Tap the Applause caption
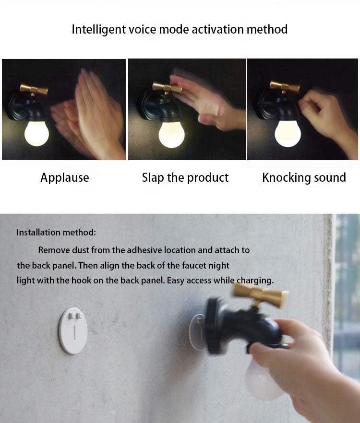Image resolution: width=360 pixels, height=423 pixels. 65,178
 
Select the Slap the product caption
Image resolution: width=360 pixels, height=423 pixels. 185,178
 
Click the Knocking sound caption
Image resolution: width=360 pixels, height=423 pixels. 304,178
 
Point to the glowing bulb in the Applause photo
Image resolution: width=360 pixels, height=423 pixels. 37,133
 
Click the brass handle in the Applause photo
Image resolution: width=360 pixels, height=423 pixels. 34,90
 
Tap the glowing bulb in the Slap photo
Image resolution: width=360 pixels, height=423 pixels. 172,135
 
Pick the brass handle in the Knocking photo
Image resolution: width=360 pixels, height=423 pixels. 285,87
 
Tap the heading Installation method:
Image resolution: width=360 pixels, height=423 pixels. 56,233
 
